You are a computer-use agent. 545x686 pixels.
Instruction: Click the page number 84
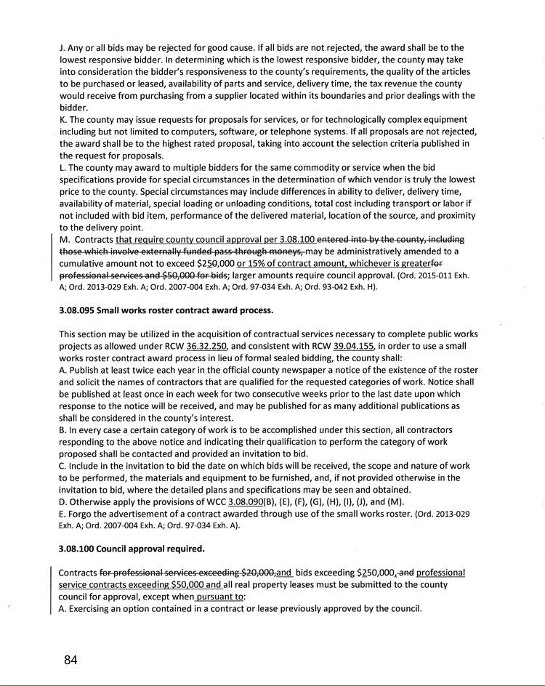pyautogui.click(x=70, y=660)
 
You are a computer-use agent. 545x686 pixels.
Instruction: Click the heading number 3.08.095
pyautogui.click(x=80, y=311)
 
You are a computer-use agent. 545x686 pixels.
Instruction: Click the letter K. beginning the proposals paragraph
pyautogui.click(x=62, y=119)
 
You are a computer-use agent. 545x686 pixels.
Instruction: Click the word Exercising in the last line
pyautogui.click(x=92, y=608)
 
